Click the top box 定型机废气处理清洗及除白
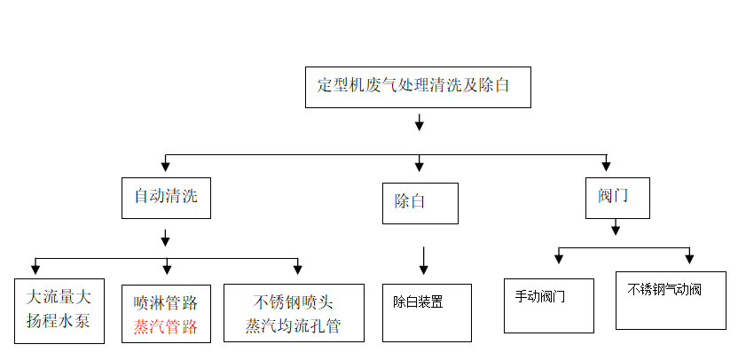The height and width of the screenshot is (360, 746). click(418, 87)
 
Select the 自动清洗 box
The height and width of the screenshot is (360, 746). click(166, 197)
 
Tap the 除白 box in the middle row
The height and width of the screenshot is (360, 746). click(420, 202)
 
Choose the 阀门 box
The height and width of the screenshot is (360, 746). click(617, 197)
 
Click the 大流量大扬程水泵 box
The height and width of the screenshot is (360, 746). click(59, 309)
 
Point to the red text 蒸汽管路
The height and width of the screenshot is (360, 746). click(166, 325)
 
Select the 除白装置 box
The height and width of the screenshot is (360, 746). click(427, 312)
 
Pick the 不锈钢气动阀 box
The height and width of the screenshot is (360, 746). click(670, 300)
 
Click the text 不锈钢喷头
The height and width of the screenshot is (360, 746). click(294, 300)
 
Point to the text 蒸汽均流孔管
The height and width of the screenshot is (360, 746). click(294, 325)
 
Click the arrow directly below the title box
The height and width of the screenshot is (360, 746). click(420, 122)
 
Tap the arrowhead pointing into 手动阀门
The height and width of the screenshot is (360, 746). click(559, 258)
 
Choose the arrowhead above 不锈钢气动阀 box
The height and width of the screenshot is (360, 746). click(689, 258)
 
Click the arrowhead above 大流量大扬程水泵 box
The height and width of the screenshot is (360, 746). click(35, 268)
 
